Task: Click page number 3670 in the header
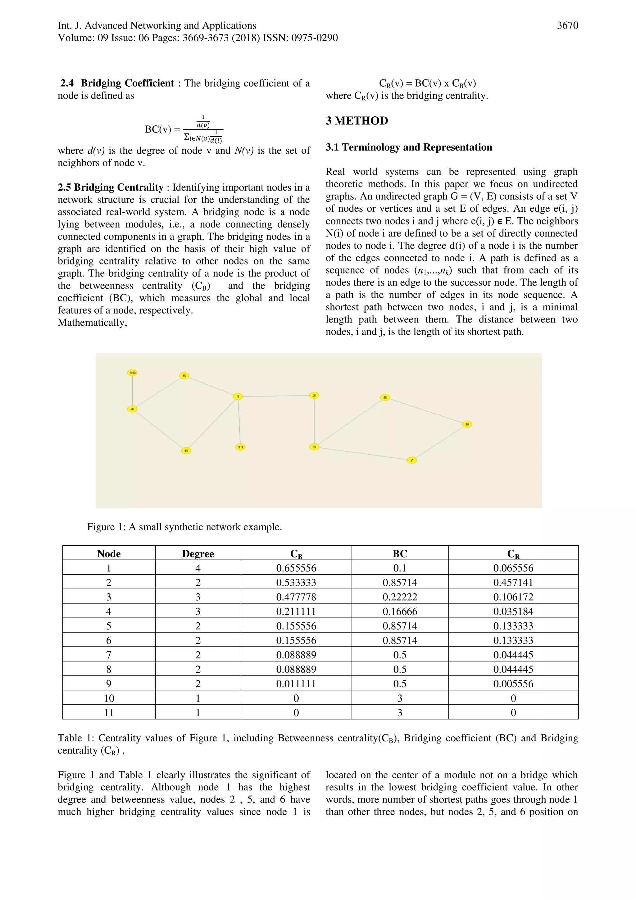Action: [567, 26]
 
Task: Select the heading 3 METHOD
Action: [357, 120]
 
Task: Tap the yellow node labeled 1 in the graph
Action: [237, 397]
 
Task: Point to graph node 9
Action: [467, 424]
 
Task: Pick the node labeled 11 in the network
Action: [240, 447]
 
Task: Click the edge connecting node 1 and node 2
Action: [276, 396]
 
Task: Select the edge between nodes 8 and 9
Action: [426, 411]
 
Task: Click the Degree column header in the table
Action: [198, 554]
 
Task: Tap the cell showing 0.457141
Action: [513, 583]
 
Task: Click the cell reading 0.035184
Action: [513, 612]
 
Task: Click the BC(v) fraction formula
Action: [184, 129]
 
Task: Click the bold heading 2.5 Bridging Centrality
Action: [111, 187]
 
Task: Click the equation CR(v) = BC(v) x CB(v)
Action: [427, 84]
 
